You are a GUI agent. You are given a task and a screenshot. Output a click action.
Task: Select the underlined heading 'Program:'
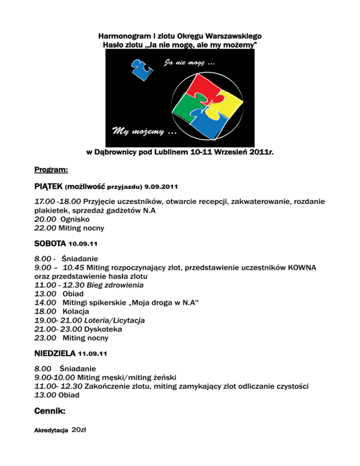point(52,168)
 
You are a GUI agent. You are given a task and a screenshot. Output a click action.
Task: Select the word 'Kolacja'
point(76,311)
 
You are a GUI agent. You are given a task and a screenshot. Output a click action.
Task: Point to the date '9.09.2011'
point(161,188)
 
